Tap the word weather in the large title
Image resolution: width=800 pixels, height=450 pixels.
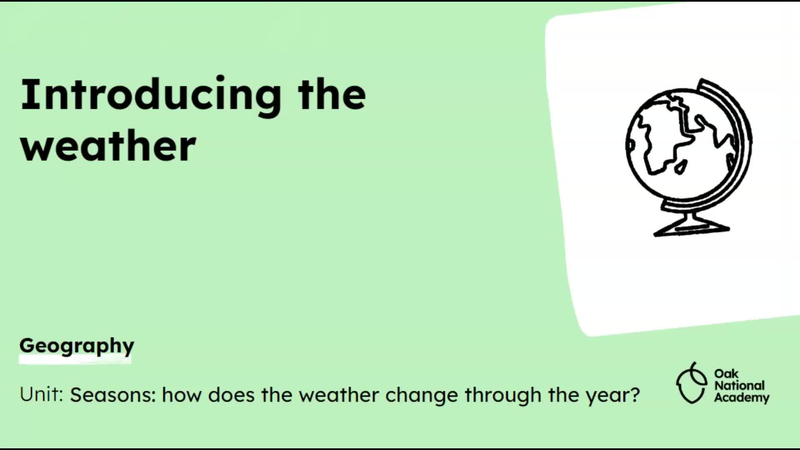(x=108, y=145)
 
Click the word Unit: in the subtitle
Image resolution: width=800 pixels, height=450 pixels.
(x=41, y=394)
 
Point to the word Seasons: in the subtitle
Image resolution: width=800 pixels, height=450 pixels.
(x=113, y=395)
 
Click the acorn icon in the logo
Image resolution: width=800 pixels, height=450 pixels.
(x=691, y=383)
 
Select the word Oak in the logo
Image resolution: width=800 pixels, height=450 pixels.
(x=726, y=373)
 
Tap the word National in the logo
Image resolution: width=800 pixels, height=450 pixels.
(x=740, y=385)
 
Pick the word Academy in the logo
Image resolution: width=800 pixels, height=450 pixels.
(x=742, y=398)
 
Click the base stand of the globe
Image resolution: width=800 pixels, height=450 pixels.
(x=692, y=227)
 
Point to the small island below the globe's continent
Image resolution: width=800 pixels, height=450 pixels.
(x=680, y=167)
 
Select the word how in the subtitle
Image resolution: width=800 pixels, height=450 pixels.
(x=182, y=395)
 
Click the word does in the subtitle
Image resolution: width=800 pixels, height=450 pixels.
(x=231, y=395)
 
